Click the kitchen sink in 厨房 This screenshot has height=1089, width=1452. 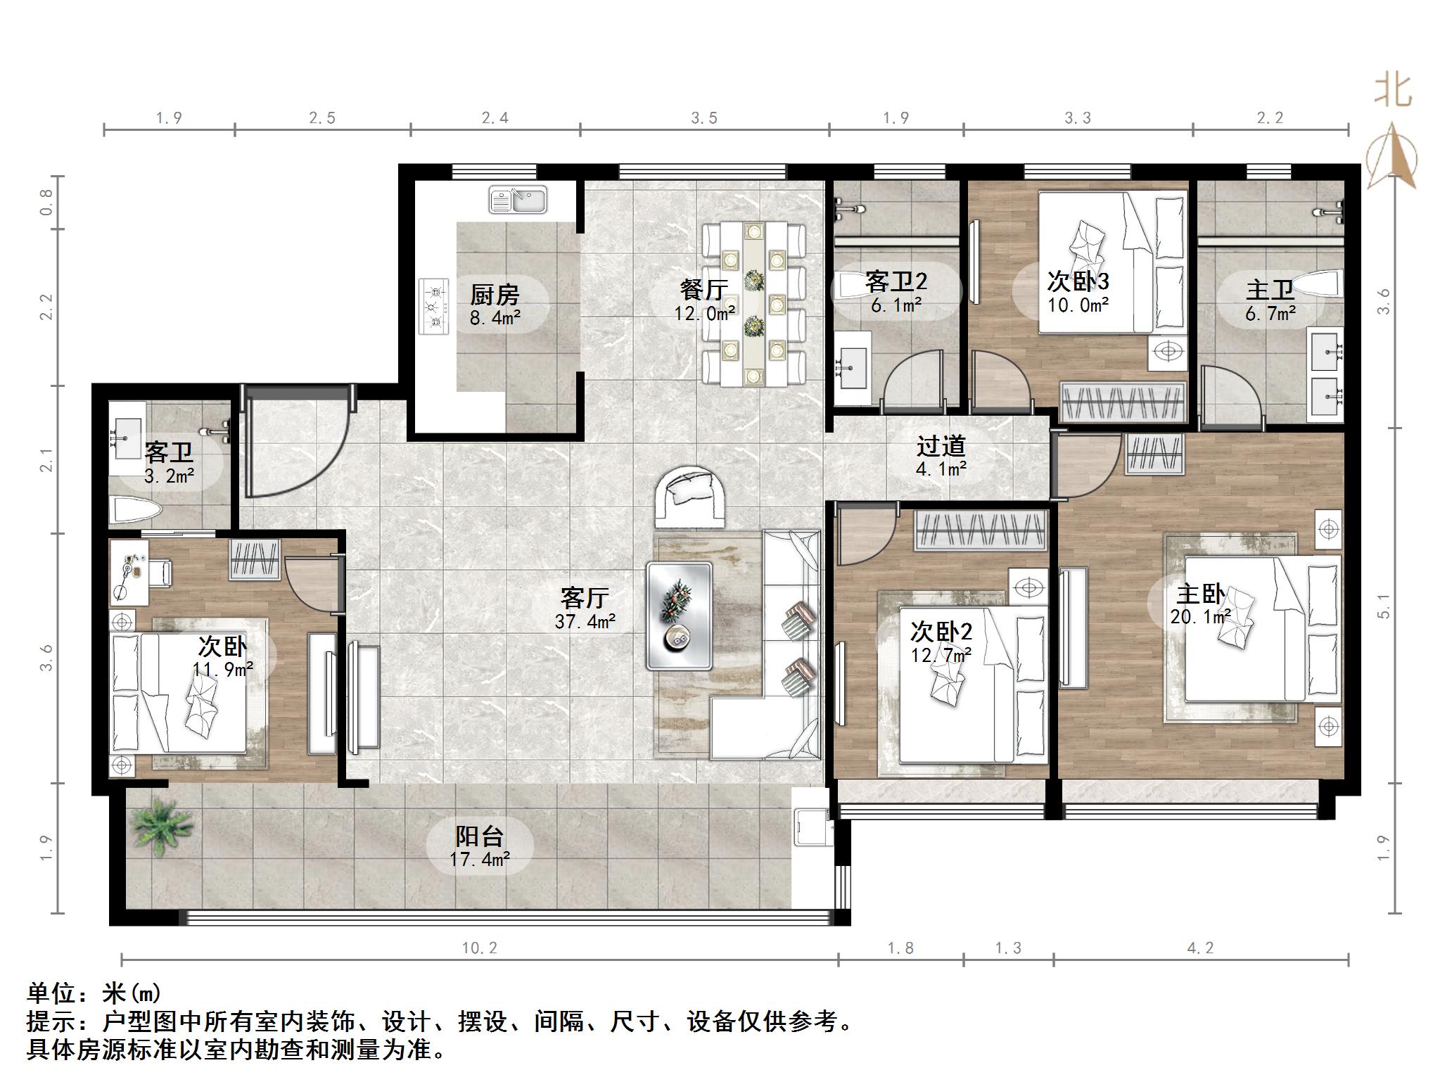point(518,200)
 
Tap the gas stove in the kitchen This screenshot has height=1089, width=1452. point(434,306)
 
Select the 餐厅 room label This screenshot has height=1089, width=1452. point(704,299)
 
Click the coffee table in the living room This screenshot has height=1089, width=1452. point(680,616)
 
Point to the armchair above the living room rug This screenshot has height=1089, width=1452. point(691,496)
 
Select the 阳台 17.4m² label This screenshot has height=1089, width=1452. point(479,846)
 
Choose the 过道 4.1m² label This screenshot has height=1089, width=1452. point(941,456)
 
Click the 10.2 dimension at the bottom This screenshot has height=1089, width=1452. point(479,948)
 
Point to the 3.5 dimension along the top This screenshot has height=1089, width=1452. point(703,118)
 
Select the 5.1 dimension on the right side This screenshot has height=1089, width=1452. point(1383,605)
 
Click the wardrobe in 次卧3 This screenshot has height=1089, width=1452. point(1123,402)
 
